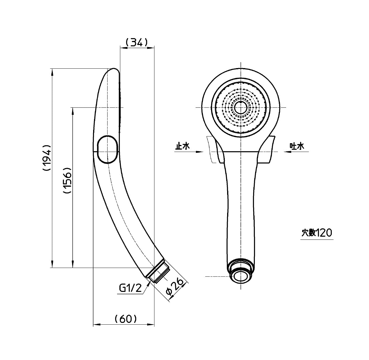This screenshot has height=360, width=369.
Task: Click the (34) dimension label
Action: [137, 43]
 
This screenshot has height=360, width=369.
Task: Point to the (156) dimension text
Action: [67, 180]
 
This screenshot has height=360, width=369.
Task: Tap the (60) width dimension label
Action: [126, 319]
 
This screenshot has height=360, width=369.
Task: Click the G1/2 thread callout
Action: [130, 288]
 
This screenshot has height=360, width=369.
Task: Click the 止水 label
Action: [182, 146]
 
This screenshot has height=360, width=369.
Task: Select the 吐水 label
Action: [297, 146]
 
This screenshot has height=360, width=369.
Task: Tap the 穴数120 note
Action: [317, 233]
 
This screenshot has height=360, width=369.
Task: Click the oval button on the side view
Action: [107, 149]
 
